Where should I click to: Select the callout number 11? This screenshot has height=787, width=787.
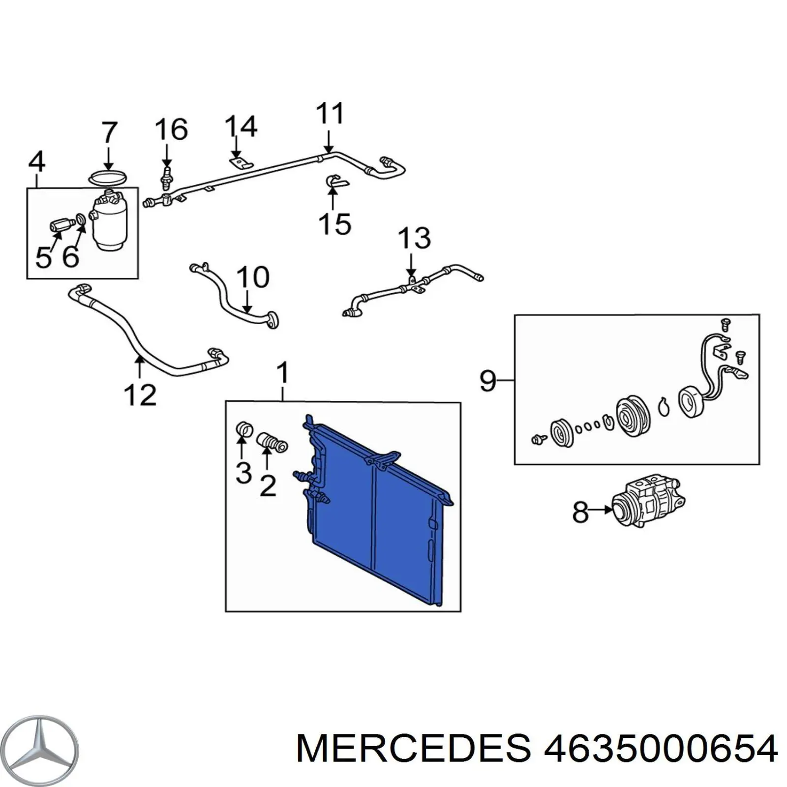[330, 114]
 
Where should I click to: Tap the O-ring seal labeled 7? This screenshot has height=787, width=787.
[108, 178]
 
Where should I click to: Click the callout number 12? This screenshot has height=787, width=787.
[140, 395]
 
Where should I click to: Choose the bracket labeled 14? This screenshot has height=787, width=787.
[241, 162]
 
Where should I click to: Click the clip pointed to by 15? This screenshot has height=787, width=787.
[336, 182]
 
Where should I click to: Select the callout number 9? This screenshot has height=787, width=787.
[487, 381]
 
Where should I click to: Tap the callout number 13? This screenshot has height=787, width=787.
[414, 239]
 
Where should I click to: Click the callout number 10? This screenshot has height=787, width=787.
[253, 278]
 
